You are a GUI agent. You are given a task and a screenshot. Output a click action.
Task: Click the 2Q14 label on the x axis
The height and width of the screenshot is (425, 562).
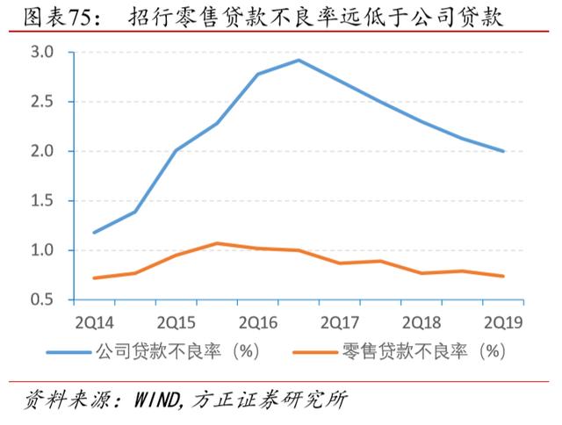pyautogui.click(x=95, y=321)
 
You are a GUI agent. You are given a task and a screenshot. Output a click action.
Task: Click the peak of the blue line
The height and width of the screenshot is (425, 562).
pyautogui.click(x=299, y=61)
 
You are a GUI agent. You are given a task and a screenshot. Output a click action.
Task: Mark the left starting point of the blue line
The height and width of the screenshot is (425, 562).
pyautogui.click(x=95, y=233)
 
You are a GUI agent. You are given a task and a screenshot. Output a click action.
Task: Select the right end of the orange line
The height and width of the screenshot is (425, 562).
pyautogui.click(x=504, y=276)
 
